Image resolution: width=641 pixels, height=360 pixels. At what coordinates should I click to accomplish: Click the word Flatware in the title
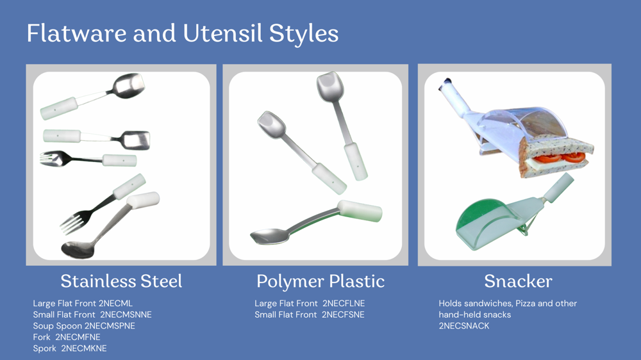pos(76,33)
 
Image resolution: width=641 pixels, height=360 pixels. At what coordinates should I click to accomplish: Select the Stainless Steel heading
pos(121,281)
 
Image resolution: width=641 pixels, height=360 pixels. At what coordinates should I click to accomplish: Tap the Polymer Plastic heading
pos(320,282)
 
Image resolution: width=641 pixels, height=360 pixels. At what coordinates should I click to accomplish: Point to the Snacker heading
pos(518,281)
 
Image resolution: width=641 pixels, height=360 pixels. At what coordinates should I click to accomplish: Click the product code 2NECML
pos(115,304)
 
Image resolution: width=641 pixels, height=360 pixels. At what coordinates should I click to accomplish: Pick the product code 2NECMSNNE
pos(126,315)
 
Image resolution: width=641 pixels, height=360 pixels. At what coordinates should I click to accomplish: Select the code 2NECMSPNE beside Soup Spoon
pos(110,326)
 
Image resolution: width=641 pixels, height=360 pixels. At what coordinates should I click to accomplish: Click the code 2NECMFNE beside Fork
pos(78,337)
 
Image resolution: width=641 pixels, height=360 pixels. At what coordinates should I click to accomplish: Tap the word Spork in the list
pos(45,348)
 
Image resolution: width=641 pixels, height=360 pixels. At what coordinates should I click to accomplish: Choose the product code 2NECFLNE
pos(344,304)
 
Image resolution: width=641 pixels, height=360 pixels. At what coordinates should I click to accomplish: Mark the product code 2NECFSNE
pos(342,315)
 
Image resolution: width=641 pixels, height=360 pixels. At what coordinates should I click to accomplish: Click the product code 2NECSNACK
pos(464,326)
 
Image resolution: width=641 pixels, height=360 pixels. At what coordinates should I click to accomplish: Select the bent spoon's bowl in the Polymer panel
pos(271,236)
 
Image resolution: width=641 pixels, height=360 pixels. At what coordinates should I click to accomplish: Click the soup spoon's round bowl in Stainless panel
pos(78,250)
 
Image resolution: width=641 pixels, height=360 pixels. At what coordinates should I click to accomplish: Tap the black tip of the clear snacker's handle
pos(445,83)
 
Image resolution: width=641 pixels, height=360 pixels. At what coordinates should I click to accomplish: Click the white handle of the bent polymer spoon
pos(360,211)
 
